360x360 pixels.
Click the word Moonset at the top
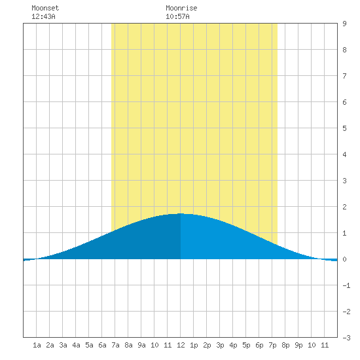click(45, 8)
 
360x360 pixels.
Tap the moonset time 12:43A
click(43, 16)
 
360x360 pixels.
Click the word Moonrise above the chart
click(181, 8)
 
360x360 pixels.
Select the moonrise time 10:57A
click(177, 16)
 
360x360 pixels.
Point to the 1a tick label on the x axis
click(37, 345)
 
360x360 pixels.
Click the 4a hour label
click(76, 345)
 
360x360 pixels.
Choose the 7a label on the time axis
click(115, 345)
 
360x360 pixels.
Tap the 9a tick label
click(141, 345)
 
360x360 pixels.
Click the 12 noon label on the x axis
click(181, 345)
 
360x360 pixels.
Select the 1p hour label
click(194, 345)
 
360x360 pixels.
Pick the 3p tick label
click(220, 345)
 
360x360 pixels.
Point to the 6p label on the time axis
click(259, 345)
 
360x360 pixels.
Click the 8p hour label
click(285, 345)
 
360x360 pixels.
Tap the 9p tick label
click(298, 345)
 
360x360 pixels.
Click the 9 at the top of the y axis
click(344, 24)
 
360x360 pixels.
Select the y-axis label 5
click(344, 128)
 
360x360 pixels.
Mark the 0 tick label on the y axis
click(344, 259)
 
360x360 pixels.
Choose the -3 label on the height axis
click(346, 338)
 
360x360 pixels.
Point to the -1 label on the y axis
click(346, 285)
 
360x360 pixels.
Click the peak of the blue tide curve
click(181, 213)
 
